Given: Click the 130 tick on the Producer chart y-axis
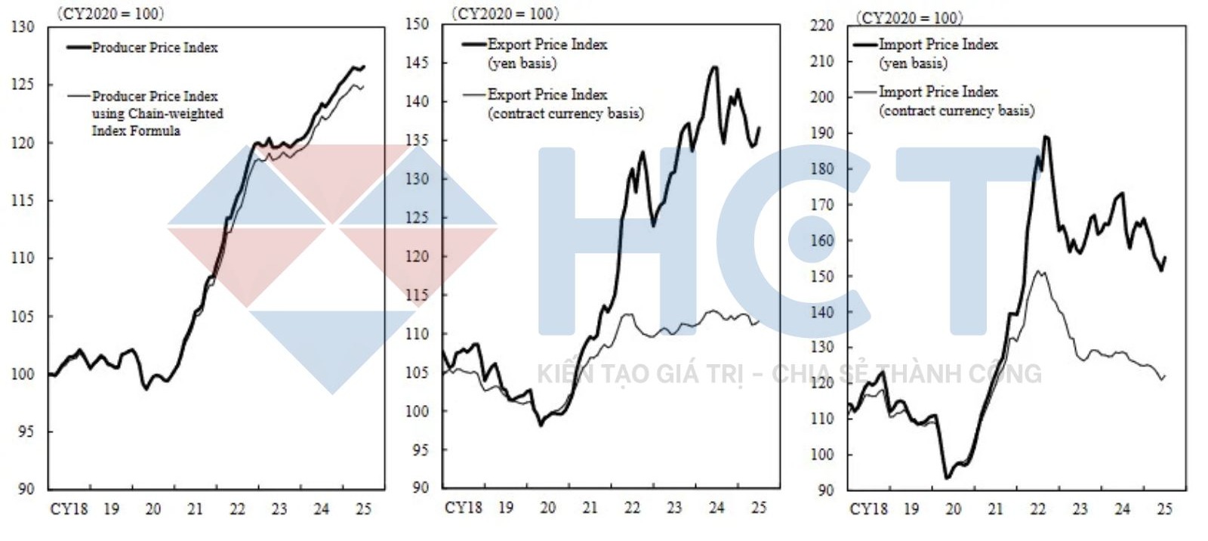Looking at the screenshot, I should click(23, 27).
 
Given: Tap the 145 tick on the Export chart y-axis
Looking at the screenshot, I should click(417, 63).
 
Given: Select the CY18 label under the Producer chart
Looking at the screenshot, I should click(69, 509).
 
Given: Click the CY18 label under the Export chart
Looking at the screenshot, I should click(463, 508).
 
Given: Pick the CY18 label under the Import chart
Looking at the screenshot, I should click(868, 509).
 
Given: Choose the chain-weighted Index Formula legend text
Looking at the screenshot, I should click(157, 113).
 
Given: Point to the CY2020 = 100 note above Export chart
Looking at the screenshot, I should click(504, 14).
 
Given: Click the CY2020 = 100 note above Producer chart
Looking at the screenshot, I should click(110, 14).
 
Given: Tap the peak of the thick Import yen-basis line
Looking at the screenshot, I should click(1046, 137).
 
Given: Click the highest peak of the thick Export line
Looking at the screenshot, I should click(714, 67).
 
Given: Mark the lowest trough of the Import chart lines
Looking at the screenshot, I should click(947, 478).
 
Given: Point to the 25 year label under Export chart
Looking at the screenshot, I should click(758, 508).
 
